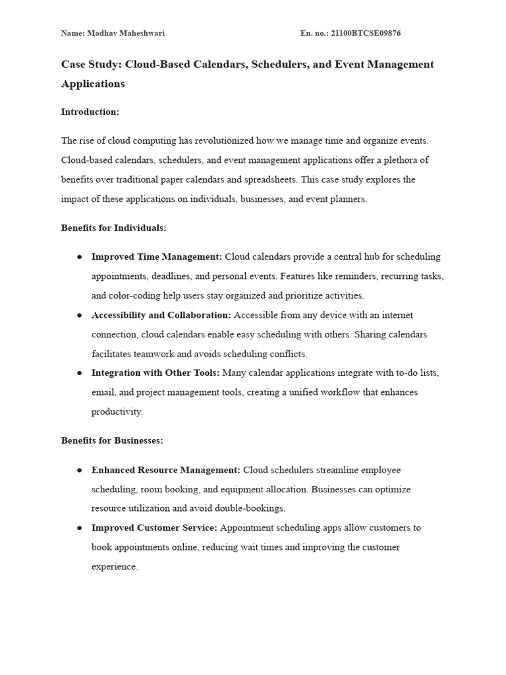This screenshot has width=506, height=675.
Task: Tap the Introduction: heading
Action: click(90, 112)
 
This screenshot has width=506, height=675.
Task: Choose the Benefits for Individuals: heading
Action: click(113, 227)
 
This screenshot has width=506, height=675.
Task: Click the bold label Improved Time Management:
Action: click(157, 256)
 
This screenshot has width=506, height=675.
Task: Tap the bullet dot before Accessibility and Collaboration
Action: click(79, 315)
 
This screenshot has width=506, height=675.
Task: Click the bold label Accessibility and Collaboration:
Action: click(161, 315)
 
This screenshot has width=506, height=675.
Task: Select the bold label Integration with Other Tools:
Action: click(155, 373)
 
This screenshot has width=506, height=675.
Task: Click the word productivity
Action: click(116, 412)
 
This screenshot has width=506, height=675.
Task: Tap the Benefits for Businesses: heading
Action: click(112, 440)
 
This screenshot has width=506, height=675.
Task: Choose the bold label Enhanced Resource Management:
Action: click(166, 470)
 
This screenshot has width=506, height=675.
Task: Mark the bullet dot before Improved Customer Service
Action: click(79, 528)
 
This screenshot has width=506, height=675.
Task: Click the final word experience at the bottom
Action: click(114, 567)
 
